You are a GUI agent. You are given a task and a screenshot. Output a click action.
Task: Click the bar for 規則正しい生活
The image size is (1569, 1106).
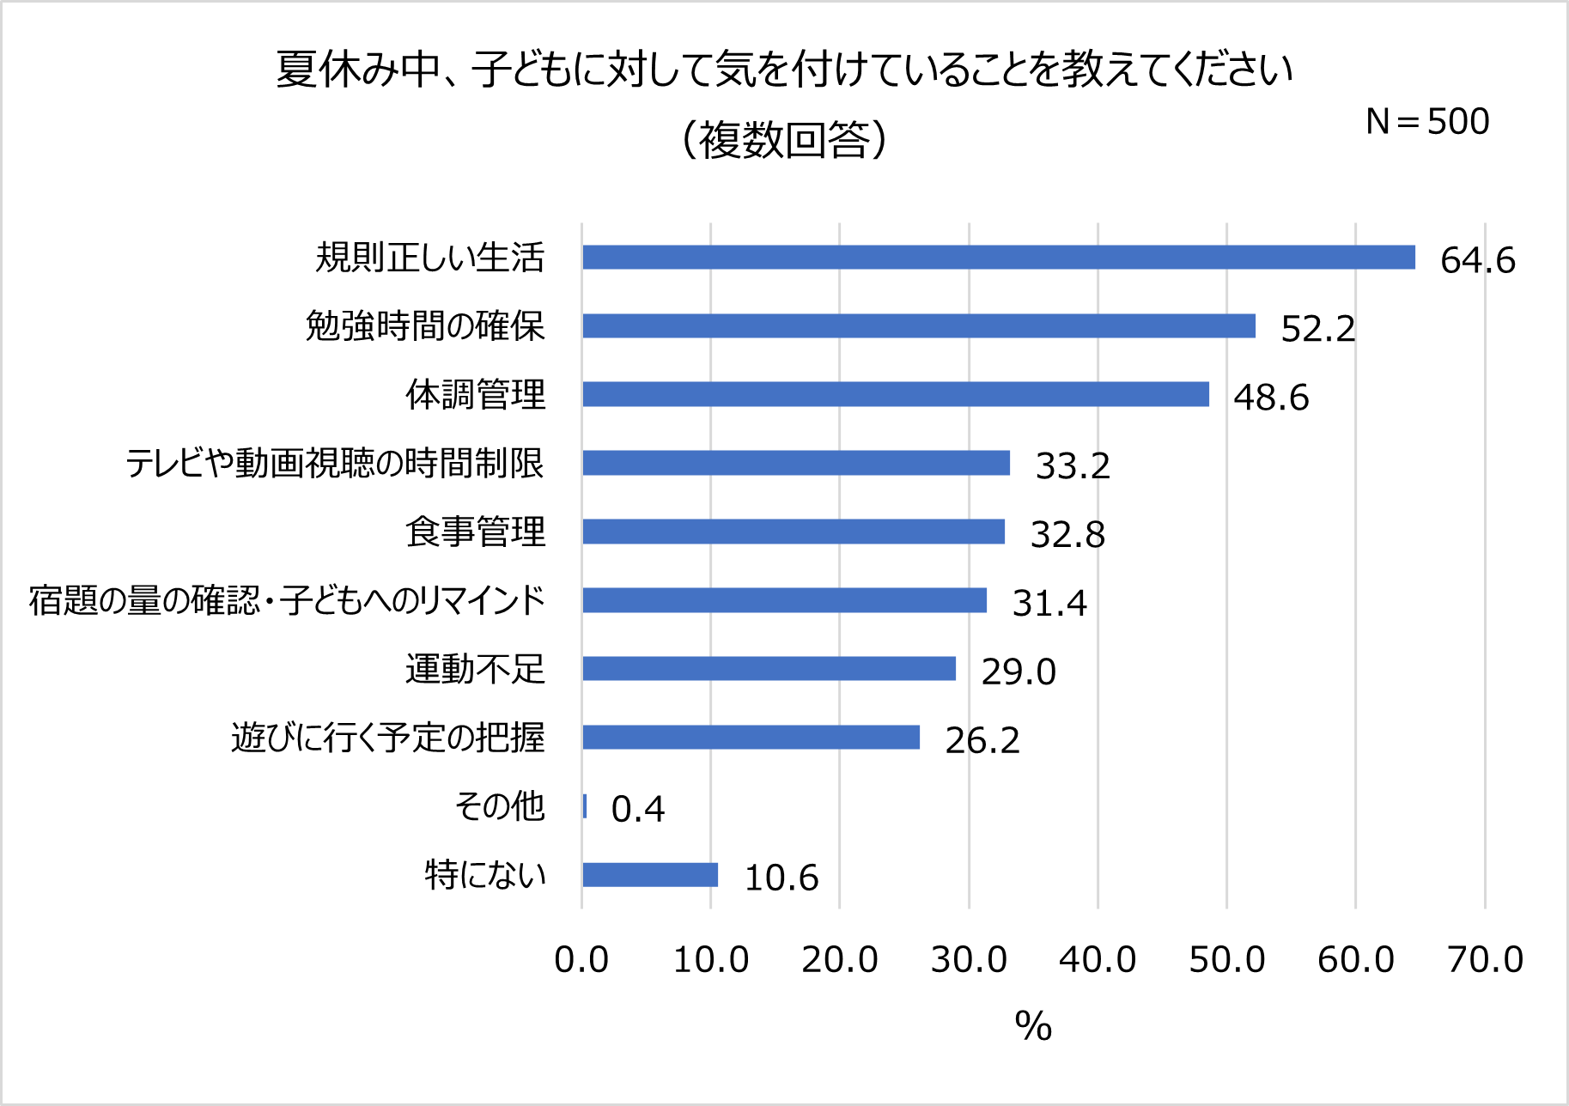point(998,257)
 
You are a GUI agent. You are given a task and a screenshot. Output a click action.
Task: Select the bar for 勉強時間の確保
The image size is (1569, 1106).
point(919,325)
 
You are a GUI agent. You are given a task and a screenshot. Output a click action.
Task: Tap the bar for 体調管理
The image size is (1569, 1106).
point(895,394)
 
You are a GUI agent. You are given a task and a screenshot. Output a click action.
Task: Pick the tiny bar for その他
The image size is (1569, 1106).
point(585,806)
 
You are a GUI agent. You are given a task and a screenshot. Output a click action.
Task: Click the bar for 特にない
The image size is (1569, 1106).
point(650,875)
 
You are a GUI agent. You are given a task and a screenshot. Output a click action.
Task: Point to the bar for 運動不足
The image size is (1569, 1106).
point(769,669)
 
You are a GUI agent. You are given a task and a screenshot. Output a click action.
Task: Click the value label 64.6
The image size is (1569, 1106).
point(1477,260)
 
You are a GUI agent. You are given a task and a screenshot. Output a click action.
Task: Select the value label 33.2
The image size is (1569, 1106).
point(1073,466)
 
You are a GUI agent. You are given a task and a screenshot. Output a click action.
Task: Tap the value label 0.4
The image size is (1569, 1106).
point(637,810)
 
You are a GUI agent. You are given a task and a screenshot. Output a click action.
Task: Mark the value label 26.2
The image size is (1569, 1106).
point(982,741)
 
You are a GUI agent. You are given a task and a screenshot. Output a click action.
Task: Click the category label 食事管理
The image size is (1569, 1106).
point(475,532)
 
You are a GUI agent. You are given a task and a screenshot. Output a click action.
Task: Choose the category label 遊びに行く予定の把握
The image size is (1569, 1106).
point(387,738)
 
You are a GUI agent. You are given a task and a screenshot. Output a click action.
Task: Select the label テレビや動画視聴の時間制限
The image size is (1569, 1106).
point(335,463)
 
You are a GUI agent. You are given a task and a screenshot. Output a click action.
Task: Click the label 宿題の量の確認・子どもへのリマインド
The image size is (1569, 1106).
point(287,600)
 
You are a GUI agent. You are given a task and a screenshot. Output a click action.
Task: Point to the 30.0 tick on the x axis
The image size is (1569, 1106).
point(969,959)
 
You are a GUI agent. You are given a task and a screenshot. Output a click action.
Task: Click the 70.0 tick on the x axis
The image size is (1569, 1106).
point(1485,959)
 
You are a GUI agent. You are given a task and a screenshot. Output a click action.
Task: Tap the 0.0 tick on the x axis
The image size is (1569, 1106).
point(581,959)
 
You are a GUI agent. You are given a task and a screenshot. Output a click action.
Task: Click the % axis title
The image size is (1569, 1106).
point(1033,1025)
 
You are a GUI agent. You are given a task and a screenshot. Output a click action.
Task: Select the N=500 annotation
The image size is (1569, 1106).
point(1427,122)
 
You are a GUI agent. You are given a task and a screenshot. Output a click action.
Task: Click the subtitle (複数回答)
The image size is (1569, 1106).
point(784,140)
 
